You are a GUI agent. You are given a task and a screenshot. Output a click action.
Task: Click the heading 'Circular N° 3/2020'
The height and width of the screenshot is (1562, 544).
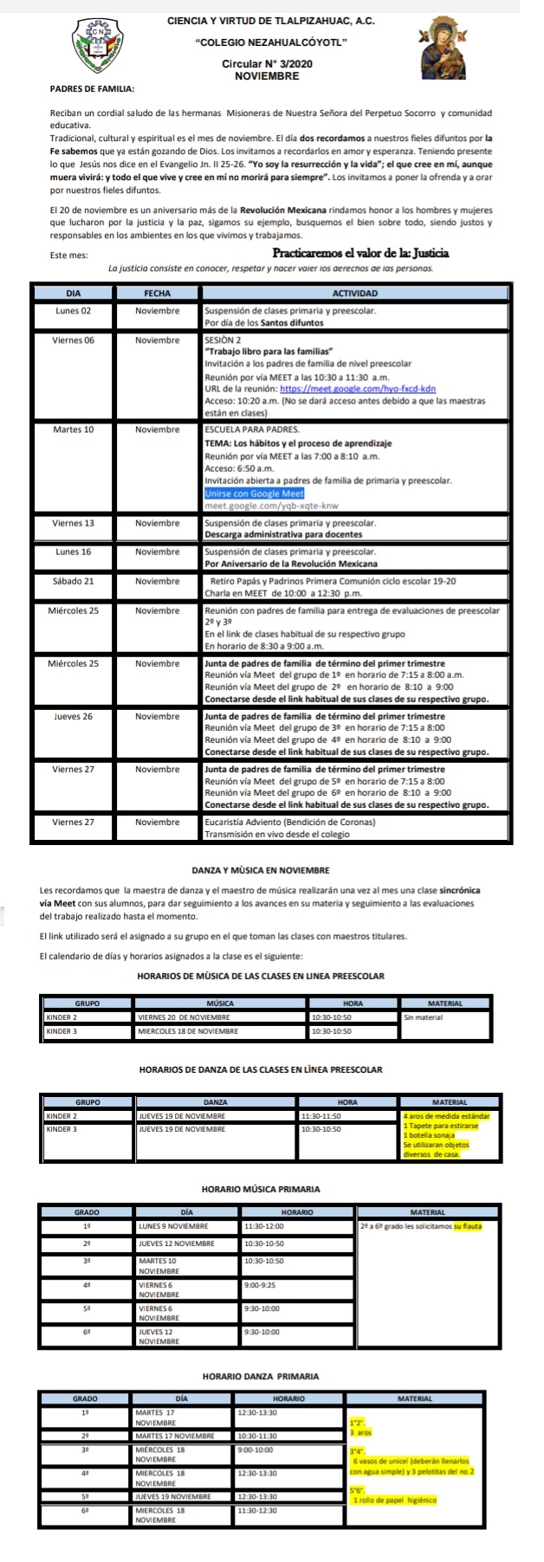267,64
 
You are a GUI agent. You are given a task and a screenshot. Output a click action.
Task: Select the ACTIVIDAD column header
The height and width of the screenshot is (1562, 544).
354,294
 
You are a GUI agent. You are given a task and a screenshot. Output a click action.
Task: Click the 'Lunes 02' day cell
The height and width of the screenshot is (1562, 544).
74,310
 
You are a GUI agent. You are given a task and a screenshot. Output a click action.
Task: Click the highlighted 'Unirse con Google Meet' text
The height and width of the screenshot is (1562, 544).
254,494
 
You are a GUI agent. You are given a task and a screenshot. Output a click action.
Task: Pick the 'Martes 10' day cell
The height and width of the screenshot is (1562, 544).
74,429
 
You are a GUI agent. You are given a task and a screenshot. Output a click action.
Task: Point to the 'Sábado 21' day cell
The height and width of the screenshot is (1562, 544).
74,581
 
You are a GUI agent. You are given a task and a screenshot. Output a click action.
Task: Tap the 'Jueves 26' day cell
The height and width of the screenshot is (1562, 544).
74,716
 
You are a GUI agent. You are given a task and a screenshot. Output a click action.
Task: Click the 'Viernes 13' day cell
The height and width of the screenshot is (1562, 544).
74,523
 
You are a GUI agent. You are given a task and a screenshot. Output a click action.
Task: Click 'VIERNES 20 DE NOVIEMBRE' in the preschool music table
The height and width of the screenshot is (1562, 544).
184,1017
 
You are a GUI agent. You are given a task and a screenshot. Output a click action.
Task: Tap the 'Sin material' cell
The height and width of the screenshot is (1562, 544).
423,1017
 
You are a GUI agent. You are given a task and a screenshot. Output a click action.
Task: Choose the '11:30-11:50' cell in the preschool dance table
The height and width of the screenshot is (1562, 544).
321,1115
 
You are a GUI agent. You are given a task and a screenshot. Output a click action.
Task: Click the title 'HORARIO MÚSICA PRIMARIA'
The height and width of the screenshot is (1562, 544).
260,1189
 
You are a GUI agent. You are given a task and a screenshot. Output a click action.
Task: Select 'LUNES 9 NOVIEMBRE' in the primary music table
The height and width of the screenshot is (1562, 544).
172,1226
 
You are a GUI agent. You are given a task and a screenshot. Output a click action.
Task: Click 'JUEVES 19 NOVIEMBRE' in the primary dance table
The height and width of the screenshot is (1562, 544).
173,1496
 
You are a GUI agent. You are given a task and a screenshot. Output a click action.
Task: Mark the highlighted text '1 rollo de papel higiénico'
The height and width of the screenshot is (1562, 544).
394,1500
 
